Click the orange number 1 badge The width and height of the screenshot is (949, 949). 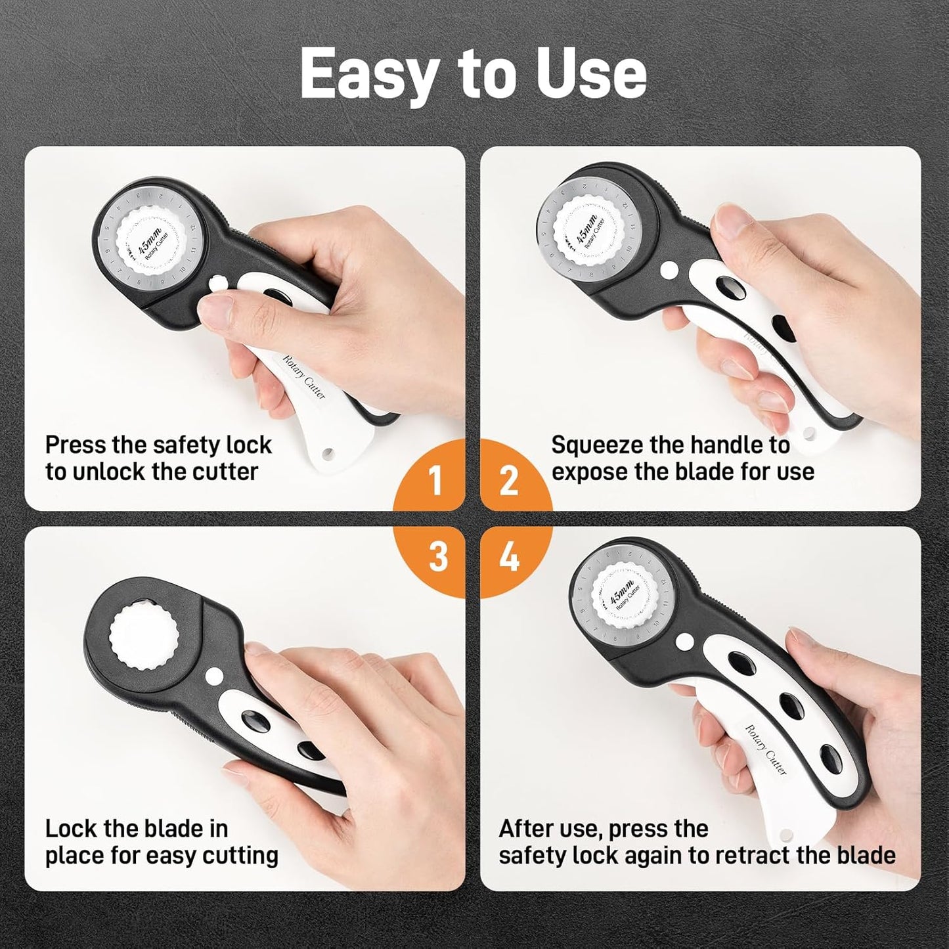(x=435, y=481)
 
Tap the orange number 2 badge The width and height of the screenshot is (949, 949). (x=509, y=481)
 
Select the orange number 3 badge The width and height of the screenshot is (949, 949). (x=437, y=557)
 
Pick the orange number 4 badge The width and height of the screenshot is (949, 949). (x=510, y=557)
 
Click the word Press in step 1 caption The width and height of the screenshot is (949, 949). (x=75, y=445)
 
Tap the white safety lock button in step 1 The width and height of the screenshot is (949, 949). (x=217, y=283)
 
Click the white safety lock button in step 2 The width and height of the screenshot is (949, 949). (x=669, y=269)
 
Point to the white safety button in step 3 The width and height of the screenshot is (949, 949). (x=213, y=675)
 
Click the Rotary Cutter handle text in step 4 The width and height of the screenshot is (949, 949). (x=766, y=749)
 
